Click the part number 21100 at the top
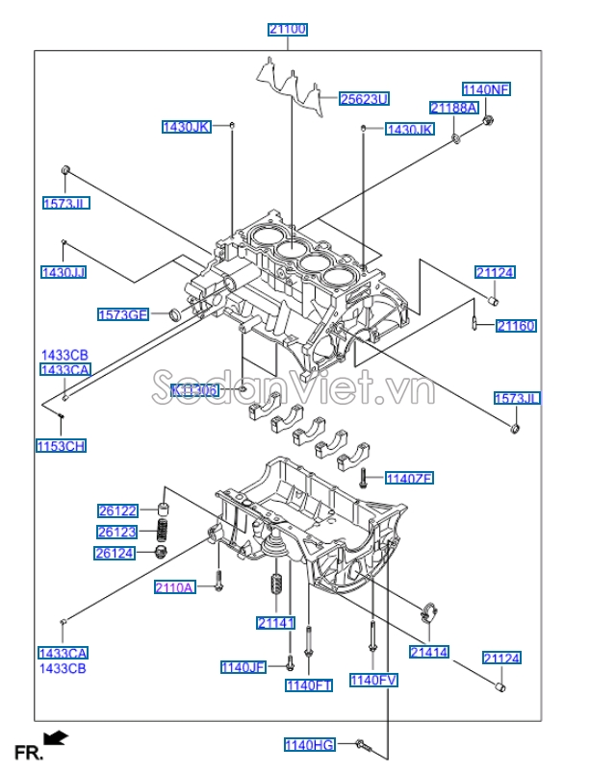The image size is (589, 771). click(288, 30)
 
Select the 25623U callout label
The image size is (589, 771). click(365, 98)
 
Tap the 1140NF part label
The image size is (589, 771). click(486, 89)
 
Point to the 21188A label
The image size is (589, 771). click(454, 108)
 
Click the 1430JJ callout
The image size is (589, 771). click(64, 272)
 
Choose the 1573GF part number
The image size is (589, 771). click(123, 314)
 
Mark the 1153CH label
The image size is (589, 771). click(62, 445)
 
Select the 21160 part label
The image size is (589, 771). click(516, 326)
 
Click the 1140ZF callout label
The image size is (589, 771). click(410, 478)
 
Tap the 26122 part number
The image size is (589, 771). click(117, 510)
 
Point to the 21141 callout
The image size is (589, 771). click(275, 623)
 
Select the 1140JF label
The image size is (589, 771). click(243, 666)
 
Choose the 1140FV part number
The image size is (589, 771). click(373, 680)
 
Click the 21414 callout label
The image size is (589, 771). click(428, 651)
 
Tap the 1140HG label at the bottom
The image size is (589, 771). click(310, 744)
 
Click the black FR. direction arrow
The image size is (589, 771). click(57, 737)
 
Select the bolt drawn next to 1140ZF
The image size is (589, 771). click(365, 476)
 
